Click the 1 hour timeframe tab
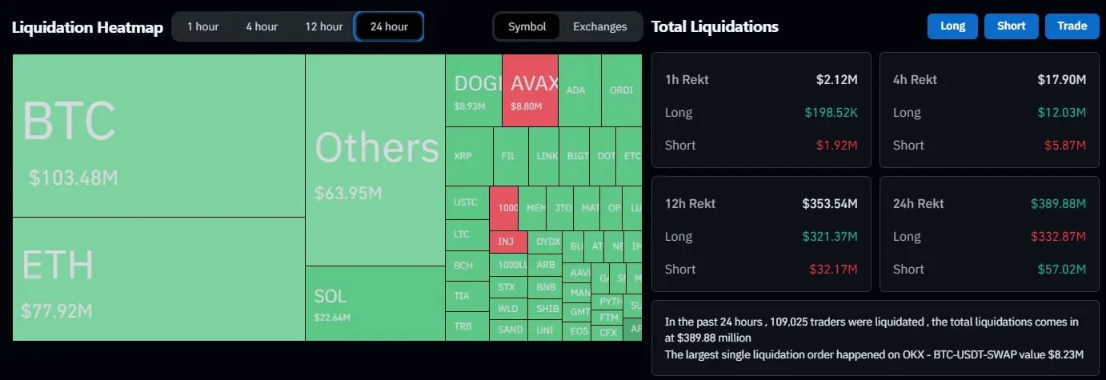point(202,26)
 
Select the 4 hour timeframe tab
point(262,26)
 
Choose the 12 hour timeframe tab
point(323,26)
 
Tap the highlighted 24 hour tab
point(389,26)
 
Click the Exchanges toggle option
point(599,26)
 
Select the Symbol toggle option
point(527,26)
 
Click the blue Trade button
point(1072,26)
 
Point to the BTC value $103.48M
point(73,178)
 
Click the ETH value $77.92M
point(57,310)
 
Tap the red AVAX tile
point(530,90)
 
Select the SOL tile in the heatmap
point(375,303)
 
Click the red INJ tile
point(507,242)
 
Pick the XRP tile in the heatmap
point(468,156)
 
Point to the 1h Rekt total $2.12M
point(836,79)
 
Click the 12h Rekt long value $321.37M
point(830,236)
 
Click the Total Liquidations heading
point(715,26)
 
